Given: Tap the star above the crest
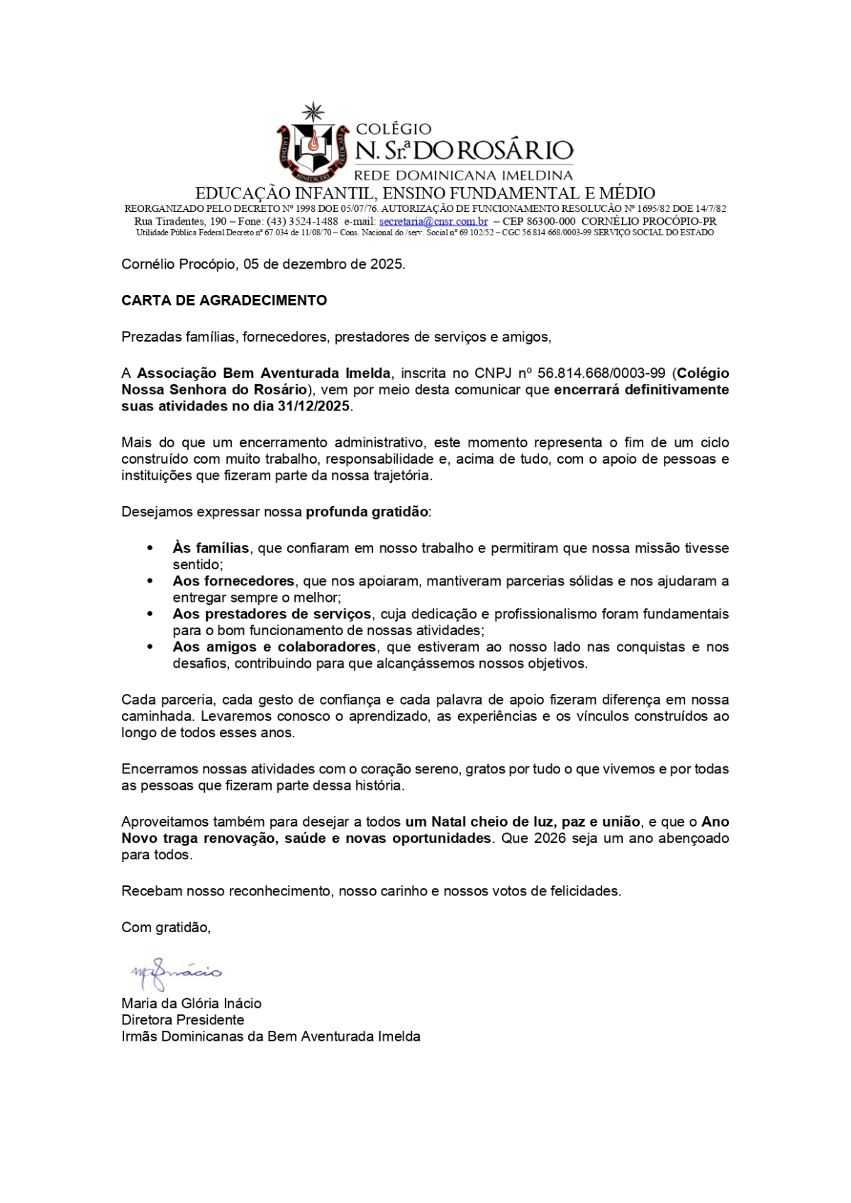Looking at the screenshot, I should pos(313,111).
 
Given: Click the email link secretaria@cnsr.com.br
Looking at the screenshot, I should pos(433,221).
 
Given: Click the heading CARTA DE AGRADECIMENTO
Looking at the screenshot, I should pos(224,300).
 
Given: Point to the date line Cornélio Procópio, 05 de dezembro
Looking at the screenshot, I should pos(263,264).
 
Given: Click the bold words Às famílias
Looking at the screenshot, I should pos(211,548).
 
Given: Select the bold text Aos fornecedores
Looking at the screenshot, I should pos(233,581).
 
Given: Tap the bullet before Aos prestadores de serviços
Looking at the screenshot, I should pos(150,614).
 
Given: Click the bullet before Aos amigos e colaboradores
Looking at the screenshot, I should pos(150,647).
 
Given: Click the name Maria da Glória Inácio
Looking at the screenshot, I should pos(191,1003).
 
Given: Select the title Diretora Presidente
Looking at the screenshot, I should pos(183,1020).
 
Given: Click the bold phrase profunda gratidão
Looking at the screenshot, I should pos(367,512).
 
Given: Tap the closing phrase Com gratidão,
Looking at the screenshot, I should pos(166,927).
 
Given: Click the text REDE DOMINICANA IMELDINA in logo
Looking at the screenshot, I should pos(463,175).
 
